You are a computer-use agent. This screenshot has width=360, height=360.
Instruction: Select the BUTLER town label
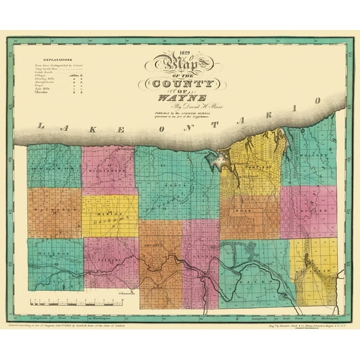coord(311,212)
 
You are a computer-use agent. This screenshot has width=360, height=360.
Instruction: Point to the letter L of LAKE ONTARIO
coord(42,126)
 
